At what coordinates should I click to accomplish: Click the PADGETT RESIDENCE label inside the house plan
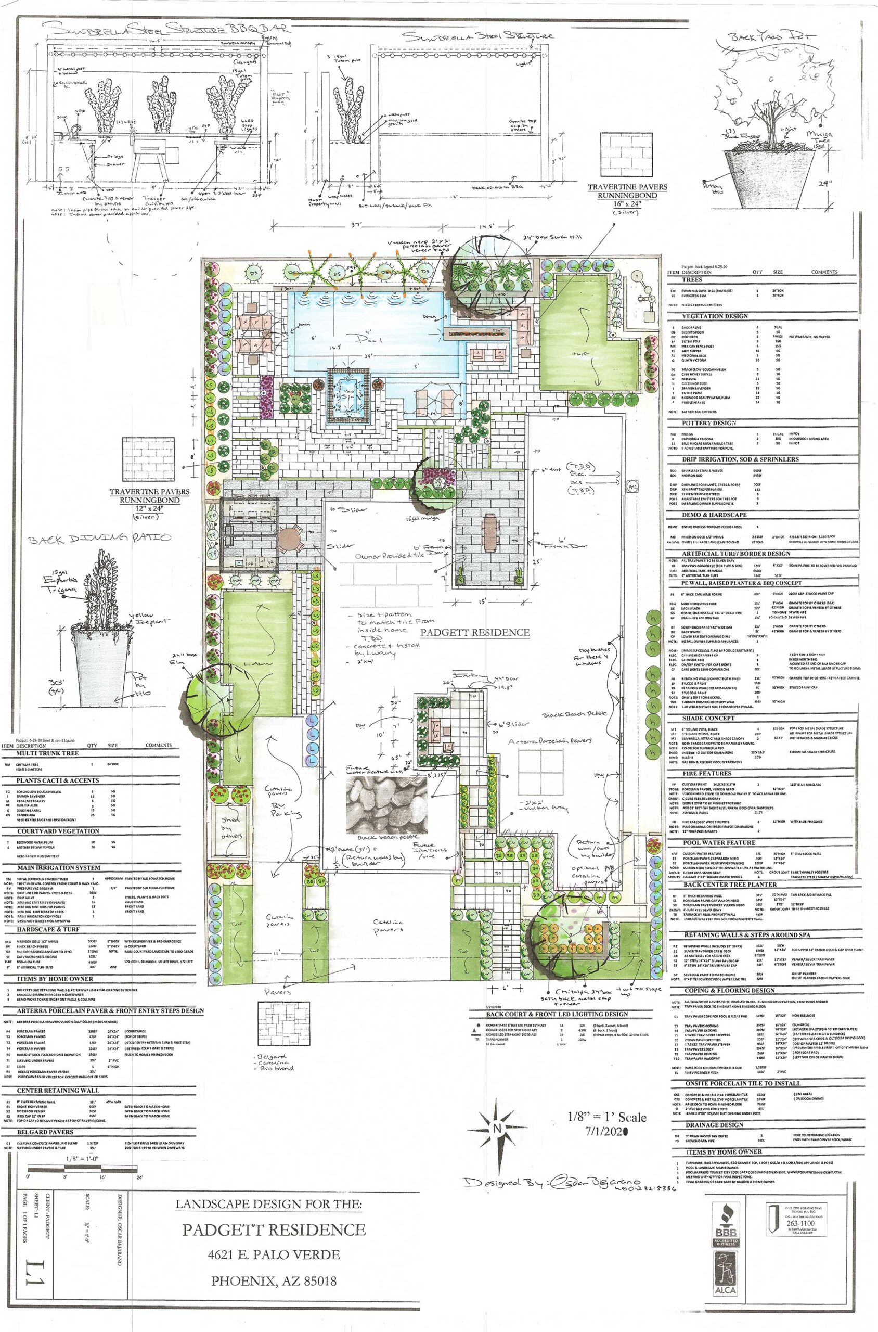[475, 632]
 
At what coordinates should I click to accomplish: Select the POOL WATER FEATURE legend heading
[719, 858]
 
